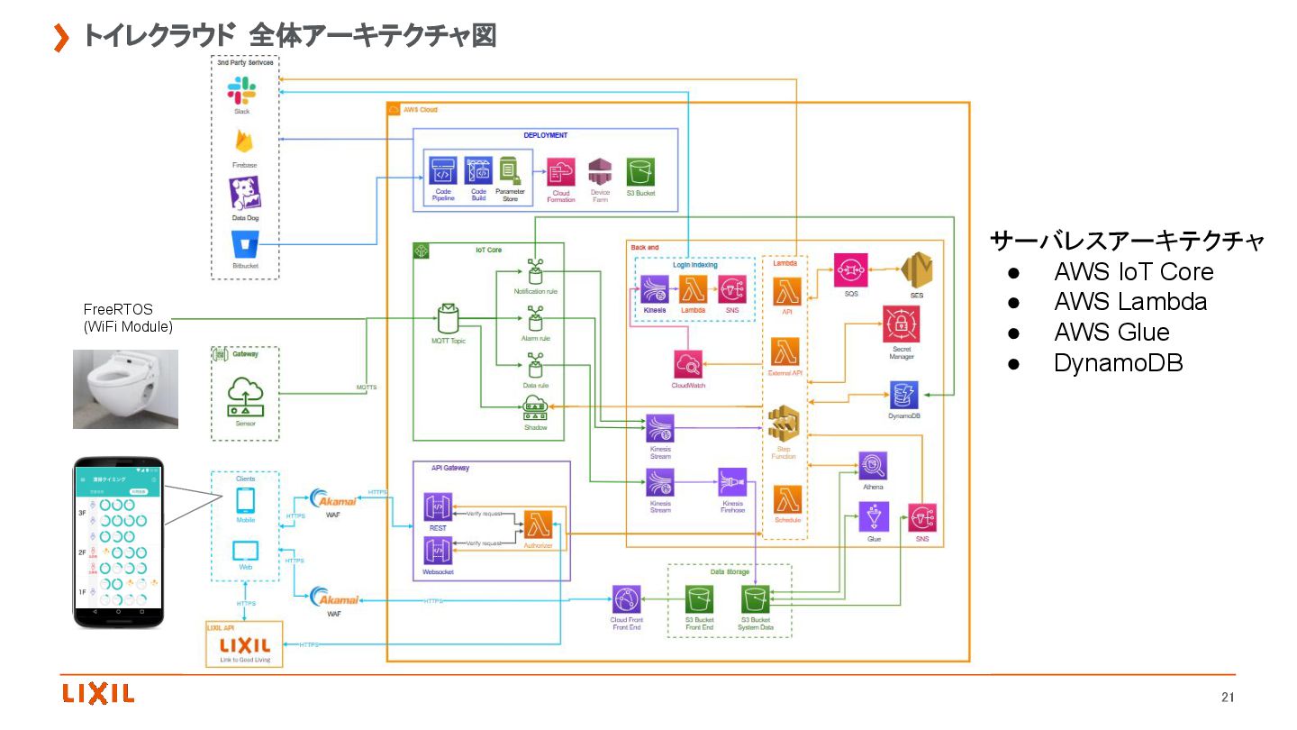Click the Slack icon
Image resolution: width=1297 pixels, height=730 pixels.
tap(241, 91)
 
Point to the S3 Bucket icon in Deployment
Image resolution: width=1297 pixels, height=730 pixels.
tap(640, 171)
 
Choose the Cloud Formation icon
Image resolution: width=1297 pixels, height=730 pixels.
tap(561, 171)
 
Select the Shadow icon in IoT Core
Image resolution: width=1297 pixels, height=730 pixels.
tap(535, 407)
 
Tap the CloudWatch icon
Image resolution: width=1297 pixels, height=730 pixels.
tap(688, 365)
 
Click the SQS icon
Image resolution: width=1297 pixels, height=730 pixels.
tap(849, 269)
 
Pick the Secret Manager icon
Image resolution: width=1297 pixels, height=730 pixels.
tap(900, 324)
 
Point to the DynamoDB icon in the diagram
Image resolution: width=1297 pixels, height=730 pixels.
tap(903, 394)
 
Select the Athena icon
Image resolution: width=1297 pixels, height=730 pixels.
tap(873, 465)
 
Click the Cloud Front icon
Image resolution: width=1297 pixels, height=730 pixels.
tap(626, 599)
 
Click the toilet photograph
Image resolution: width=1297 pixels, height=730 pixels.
tap(125, 388)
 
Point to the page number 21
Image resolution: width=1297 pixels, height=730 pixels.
tap(1228, 697)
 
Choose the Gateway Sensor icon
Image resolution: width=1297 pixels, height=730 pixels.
tap(245, 397)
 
